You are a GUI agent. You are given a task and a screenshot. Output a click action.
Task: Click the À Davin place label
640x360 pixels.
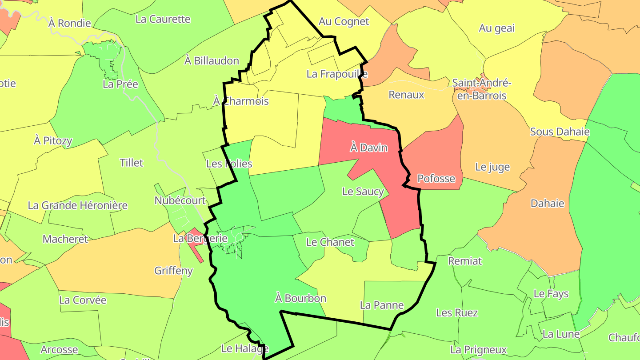point(368,148)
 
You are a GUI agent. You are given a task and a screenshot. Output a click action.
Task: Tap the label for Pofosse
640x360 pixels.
point(436,179)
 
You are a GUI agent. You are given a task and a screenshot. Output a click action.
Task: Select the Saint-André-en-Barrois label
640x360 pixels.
point(482,89)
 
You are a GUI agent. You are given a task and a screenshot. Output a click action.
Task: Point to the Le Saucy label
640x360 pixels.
point(363,192)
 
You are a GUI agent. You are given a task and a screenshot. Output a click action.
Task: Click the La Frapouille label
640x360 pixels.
point(337,74)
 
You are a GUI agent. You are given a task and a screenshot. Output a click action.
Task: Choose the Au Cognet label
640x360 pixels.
point(344,21)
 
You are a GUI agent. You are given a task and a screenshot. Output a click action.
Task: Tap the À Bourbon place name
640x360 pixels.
point(300,298)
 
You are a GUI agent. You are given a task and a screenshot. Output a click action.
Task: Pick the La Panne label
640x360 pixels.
point(381,305)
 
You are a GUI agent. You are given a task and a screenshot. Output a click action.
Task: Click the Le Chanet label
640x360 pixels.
point(330,242)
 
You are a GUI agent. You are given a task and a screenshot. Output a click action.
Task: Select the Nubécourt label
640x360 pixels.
point(180,200)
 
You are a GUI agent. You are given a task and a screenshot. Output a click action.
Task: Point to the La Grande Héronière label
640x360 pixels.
point(77,205)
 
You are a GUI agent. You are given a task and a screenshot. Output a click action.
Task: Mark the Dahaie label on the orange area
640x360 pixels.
point(547,204)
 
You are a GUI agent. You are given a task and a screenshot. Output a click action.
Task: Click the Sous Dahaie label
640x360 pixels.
point(560,132)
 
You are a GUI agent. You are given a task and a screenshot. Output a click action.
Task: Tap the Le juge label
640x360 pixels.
point(492,167)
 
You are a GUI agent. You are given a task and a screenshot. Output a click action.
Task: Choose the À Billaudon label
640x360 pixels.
point(212,60)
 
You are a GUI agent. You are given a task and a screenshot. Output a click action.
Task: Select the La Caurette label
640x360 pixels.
point(163,19)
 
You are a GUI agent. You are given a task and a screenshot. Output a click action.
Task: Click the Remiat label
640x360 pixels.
point(465,261)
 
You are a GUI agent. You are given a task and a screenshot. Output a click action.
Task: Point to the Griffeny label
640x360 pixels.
point(173,271)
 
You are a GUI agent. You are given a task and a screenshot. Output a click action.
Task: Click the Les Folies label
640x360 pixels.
point(229,164)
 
